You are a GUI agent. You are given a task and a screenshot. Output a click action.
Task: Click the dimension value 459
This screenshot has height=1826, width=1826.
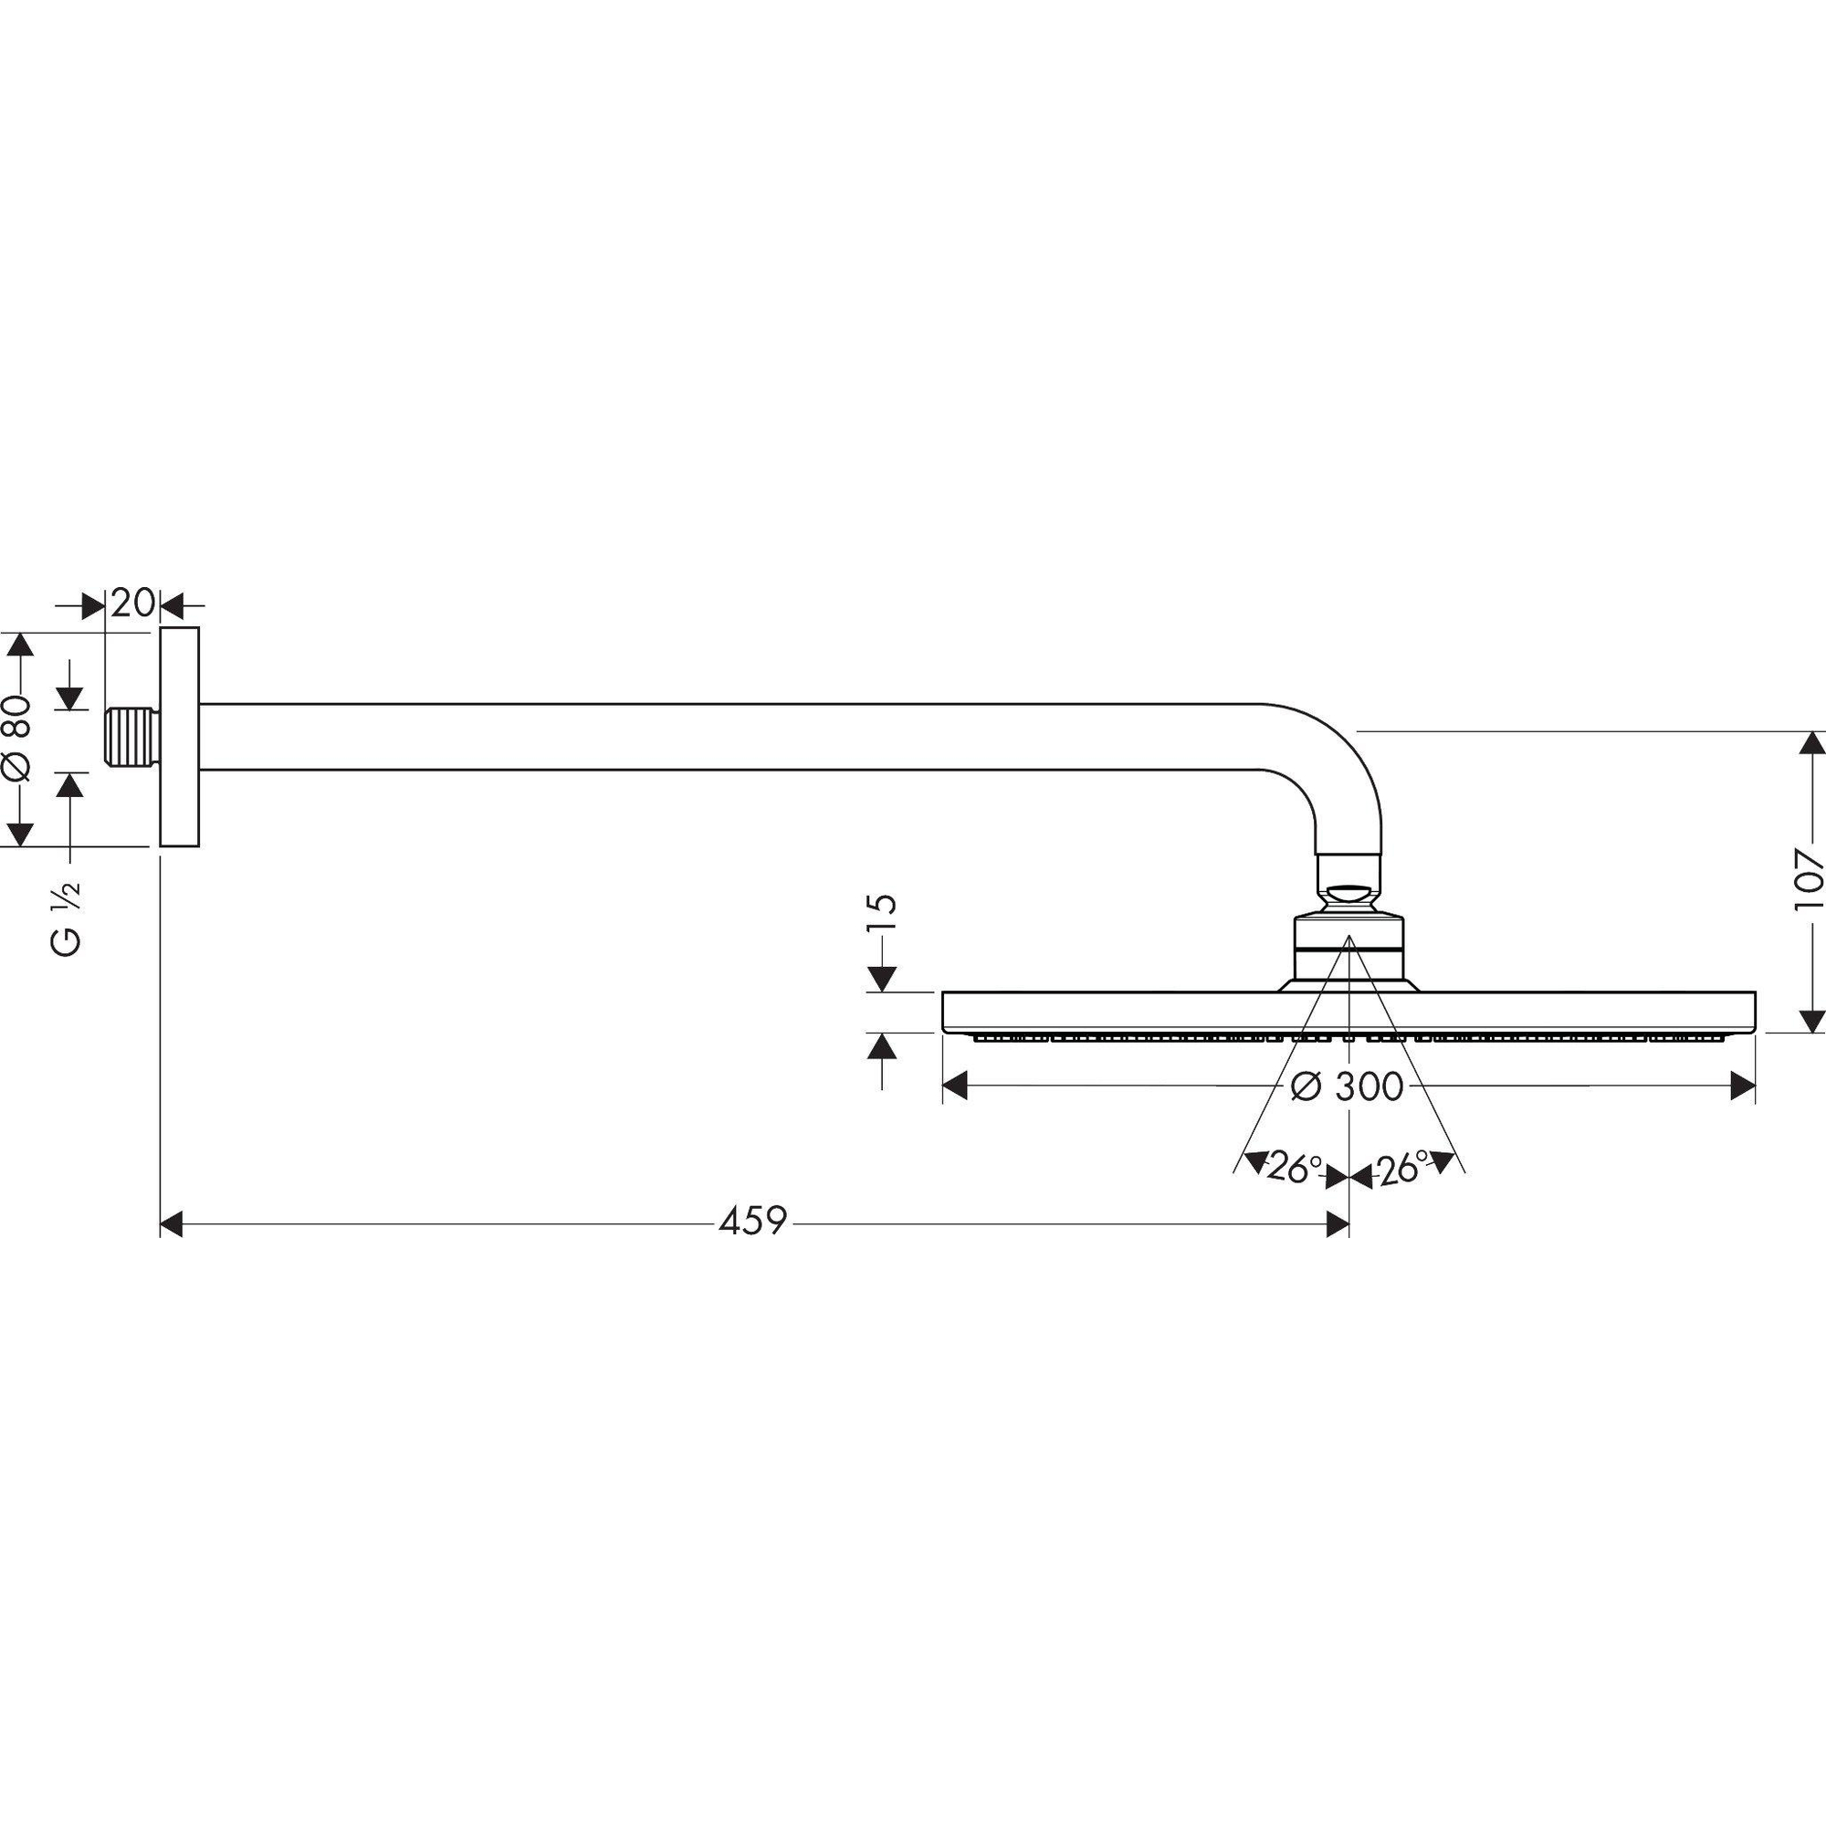coord(752,1223)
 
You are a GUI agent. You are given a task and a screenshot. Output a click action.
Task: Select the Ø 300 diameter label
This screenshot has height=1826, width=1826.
coord(1347,1086)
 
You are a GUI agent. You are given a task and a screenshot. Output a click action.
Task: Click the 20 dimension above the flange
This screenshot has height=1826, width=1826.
coord(132,603)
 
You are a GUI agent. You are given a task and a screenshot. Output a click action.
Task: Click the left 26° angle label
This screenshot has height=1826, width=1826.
coord(1292,1170)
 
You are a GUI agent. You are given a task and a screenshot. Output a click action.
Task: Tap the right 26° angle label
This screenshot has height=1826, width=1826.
coord(1401,1170)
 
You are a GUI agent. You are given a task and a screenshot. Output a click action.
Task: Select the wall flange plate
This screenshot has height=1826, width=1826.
coord(179,736)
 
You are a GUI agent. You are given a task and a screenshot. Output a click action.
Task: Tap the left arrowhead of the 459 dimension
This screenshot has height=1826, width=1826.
coord(171,1226)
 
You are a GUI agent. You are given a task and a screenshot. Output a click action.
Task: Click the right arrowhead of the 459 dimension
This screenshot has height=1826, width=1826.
coord(1338,1226)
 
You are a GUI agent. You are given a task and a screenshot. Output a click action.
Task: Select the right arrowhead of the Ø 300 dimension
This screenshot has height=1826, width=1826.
coord(1743,1086)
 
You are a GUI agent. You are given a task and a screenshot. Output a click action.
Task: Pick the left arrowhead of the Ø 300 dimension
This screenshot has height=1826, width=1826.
coord(956,1086)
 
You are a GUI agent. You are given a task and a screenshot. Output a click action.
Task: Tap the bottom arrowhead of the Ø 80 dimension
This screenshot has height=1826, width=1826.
coord(21,833)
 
